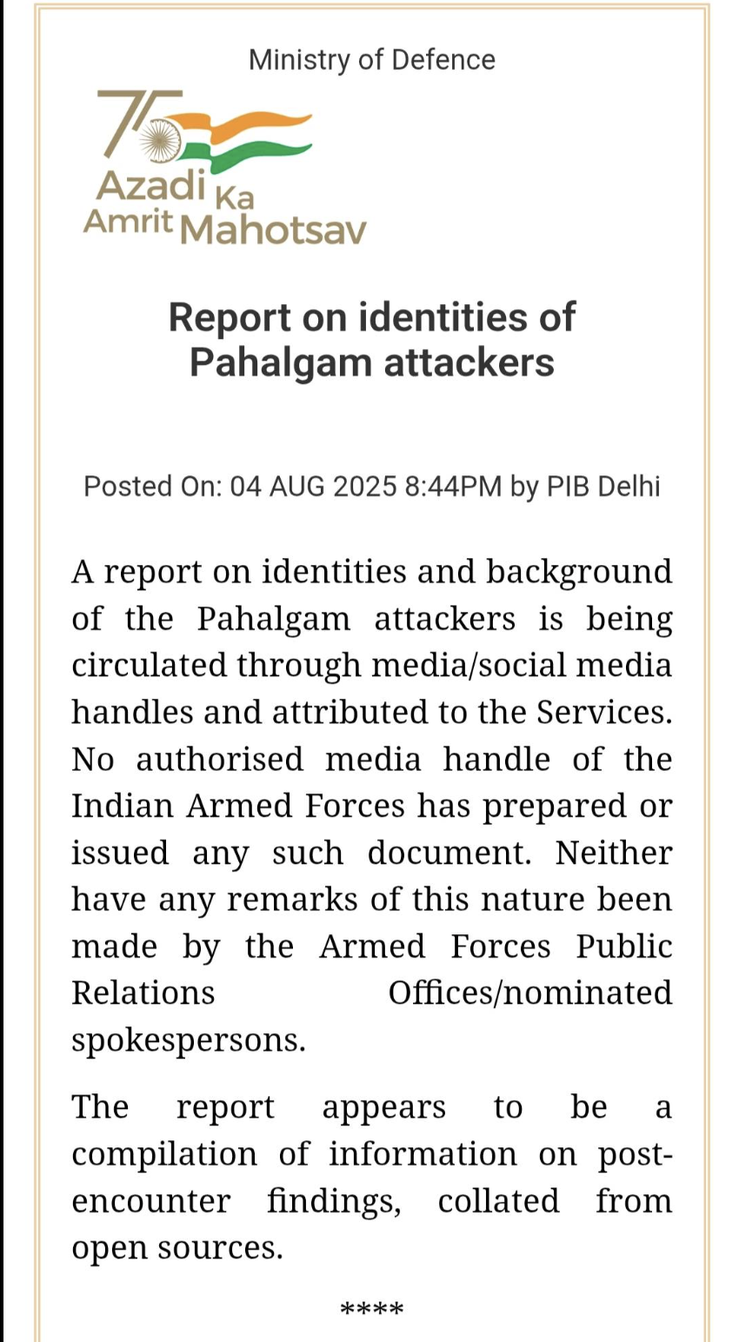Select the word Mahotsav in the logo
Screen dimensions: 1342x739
pos(276,229)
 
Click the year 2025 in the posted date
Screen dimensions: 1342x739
pos(359,486)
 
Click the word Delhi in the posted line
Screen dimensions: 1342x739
pos(626,486)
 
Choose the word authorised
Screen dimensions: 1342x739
pos(219,760)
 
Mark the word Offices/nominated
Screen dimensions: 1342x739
pos(529,993)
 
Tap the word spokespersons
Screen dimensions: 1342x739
pos(188,1040)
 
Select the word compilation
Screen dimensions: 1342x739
pos(164,1154)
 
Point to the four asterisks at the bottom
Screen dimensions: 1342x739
pos(371,1309)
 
